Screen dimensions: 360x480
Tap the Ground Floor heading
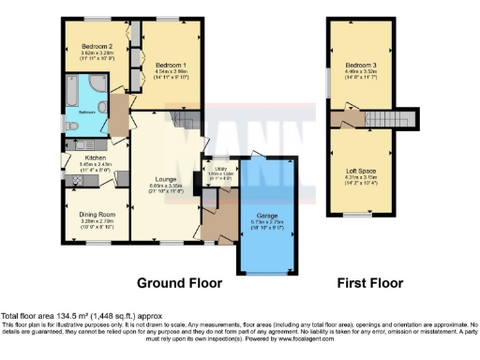[179, 282]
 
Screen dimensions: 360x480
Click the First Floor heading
[369, 282]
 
